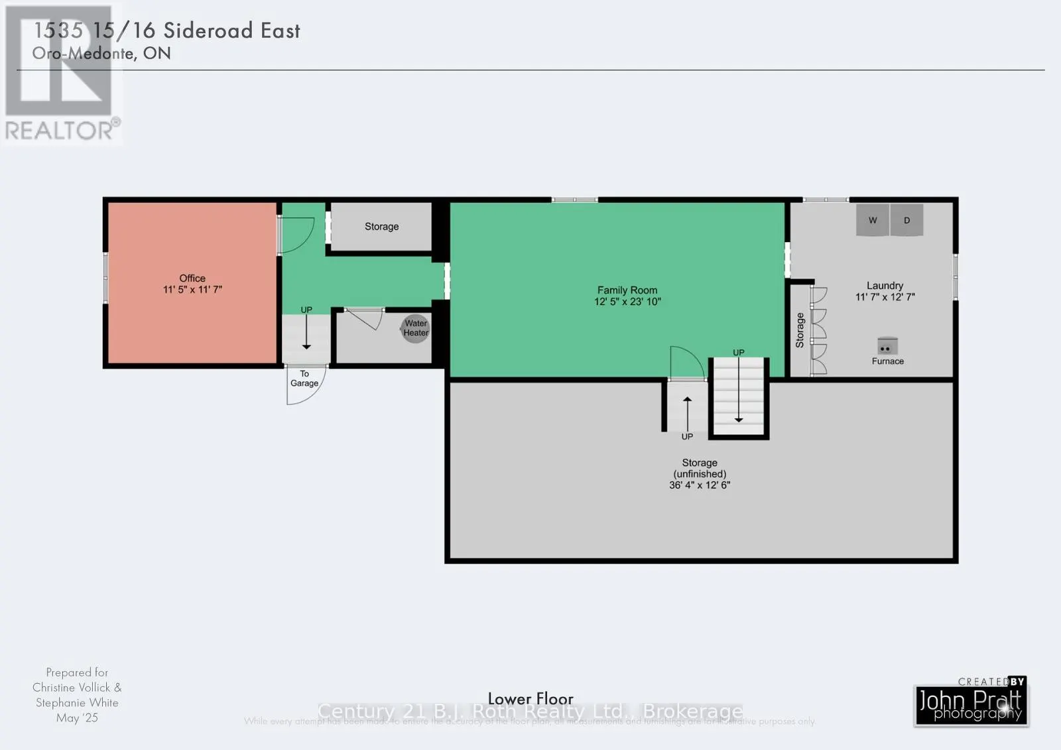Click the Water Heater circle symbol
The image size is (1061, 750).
(416, 328)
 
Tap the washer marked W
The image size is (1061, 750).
(873, 221)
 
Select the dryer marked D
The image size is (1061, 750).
(906, 221)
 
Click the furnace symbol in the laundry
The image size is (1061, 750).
(887, 346)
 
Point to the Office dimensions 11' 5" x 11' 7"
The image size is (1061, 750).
(192, 290)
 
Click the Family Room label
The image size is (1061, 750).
(627, 290)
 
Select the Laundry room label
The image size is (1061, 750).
(885, 285)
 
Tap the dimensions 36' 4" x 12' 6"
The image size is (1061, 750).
(700, 485)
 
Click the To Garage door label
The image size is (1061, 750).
(304, 379)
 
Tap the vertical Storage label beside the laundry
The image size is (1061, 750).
(800, 330)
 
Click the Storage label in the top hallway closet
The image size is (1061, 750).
(381, 227)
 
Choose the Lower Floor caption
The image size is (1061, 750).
(530, 699)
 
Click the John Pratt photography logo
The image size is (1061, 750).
(971, 704)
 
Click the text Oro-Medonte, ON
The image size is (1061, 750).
(101, 54)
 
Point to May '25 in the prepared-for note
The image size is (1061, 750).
(77, 718)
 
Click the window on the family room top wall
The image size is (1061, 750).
(574, 200)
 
